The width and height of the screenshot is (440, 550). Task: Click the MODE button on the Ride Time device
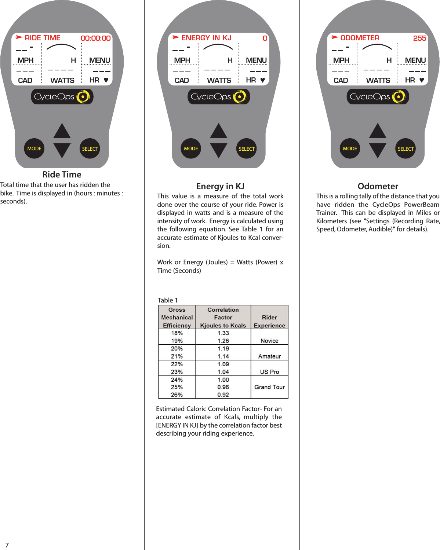[x=34, y=148]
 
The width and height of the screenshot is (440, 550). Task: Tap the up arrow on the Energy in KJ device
[x=219, y=131]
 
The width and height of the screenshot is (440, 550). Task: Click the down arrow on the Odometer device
[x=378, y=150]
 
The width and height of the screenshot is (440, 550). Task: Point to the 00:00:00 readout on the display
[x=95, y=38]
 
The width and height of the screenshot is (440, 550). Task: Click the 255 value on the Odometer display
[x=419, y=38]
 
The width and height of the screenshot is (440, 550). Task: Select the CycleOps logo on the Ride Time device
[x=62, y=97]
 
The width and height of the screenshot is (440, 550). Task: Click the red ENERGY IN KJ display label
[x=206, y=38]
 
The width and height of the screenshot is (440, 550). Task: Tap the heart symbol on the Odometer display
[x=422, y=80]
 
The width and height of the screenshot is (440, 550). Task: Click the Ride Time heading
[x=62, y=175]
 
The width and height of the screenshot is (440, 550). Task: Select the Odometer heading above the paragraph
[x=378, y=186]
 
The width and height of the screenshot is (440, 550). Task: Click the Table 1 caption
[x=168, y=300]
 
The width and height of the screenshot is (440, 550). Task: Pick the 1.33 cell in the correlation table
[x=223, y=333]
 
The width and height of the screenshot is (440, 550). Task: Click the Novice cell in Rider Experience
[x=269, y=341]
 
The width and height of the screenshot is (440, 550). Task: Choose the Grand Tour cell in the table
[x=269, y=387]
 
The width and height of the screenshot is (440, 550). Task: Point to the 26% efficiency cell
[x=177, y=395]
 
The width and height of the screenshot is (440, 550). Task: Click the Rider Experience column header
[x=269, y=321]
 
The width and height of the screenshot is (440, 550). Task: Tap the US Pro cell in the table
[x=269, y=372]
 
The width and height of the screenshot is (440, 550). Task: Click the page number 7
[x=7, y=545]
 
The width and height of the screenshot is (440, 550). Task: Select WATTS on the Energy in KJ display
[x=219, y=80]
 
